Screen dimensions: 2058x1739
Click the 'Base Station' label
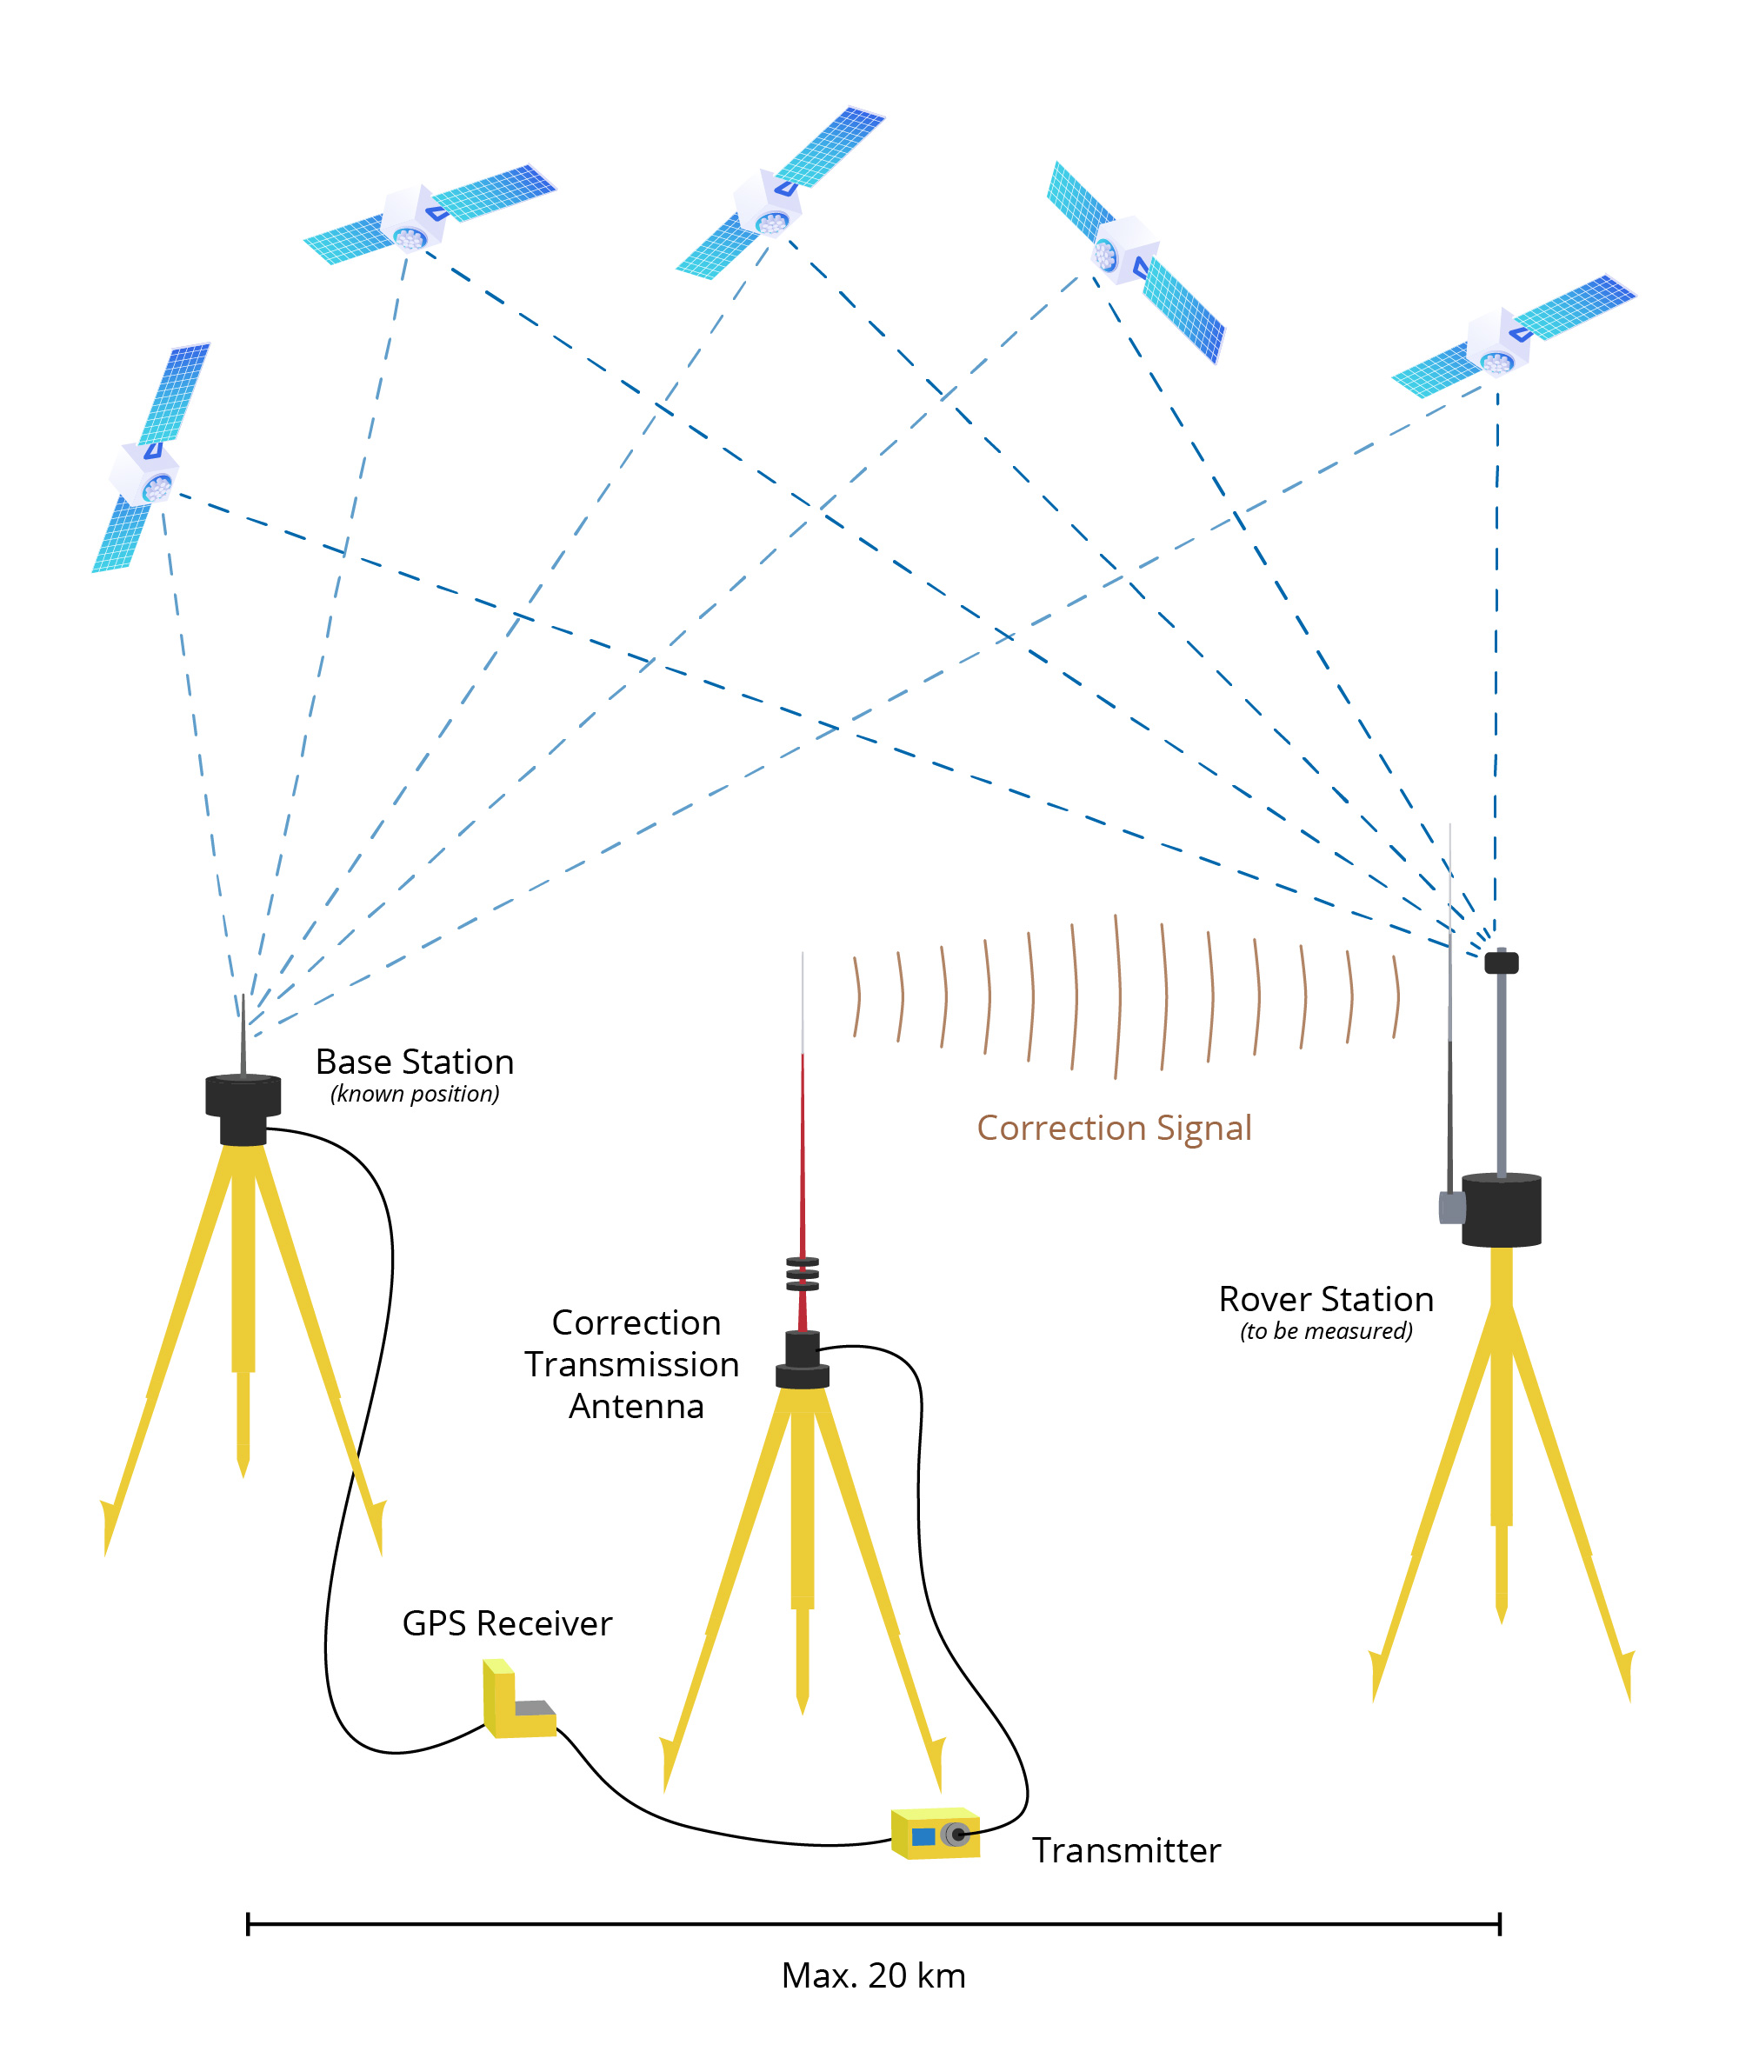click(x=414, y=1062)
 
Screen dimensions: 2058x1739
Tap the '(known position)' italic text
click(x=414, y=1094)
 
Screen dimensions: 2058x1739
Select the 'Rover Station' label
click(x=1325, y=1299)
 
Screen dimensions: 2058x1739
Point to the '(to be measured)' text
click(x=1325, y=1332)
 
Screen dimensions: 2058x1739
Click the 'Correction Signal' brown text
click(x=1113, y=1128)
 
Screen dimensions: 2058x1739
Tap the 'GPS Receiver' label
click(x=507, y=1623)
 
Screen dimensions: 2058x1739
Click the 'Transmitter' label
click(x=1126, y=1850)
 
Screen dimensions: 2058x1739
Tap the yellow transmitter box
click(x=935, y=1835)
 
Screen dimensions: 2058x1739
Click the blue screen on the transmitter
click(x=923, y=1836)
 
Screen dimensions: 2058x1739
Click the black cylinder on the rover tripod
click(x=1501, y=1210)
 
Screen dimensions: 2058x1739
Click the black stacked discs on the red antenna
click(x=803, y=1274)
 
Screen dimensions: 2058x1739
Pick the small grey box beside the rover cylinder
click(x=1450, y=1208)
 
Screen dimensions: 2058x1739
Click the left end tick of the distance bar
click(x=248, y=1924)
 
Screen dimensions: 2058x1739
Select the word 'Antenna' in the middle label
click(x=636, y=1407)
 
